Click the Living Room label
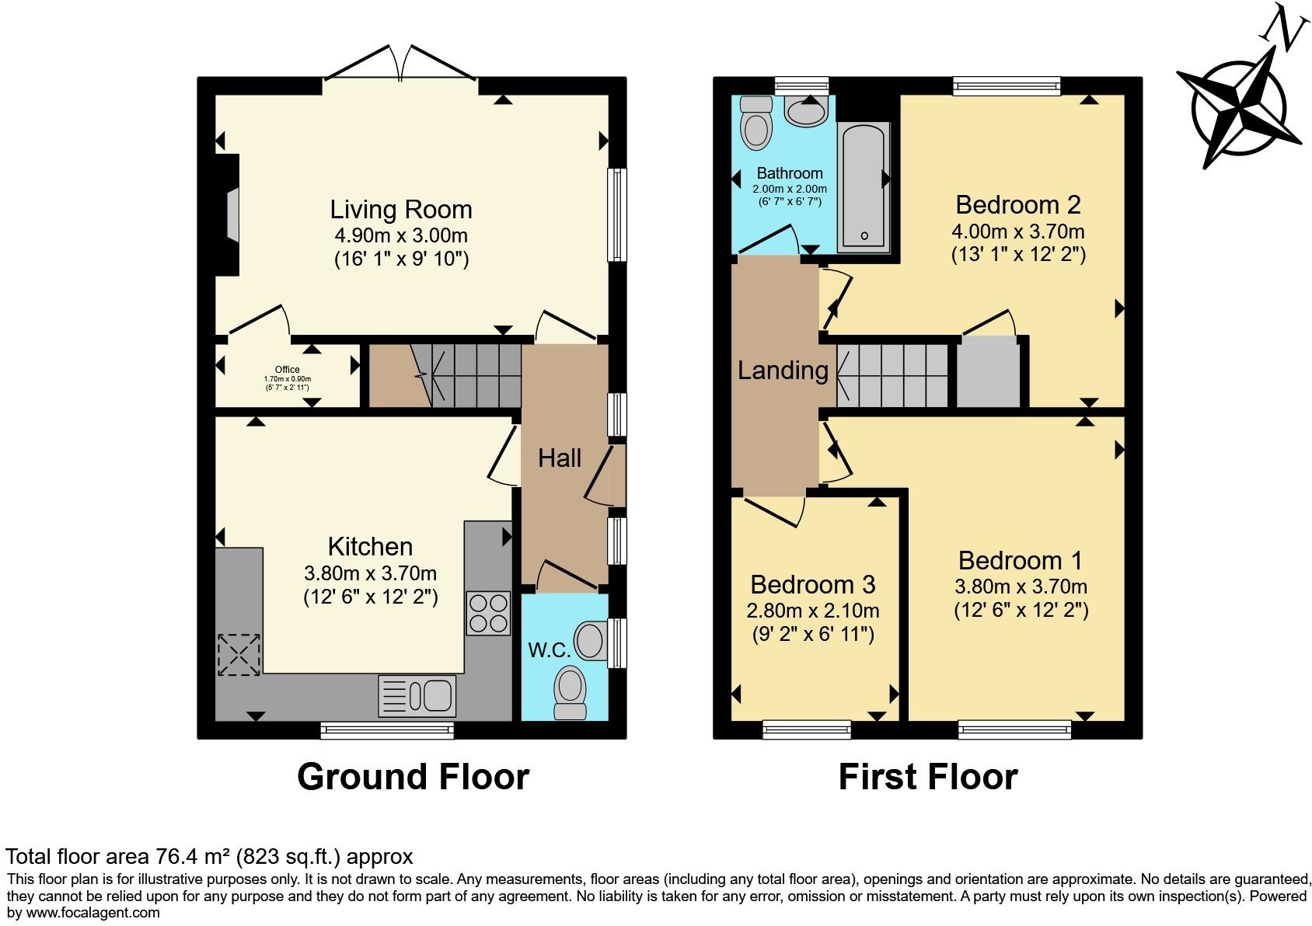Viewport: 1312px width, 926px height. [x=400, y=210]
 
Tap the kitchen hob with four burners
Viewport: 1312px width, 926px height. [x=488, y=614]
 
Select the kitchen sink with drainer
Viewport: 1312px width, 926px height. [x=417, y=696]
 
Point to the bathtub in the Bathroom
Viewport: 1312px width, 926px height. [x=864, y=187]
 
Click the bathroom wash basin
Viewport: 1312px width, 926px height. [x=806, y=111]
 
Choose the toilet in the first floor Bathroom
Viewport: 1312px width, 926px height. [x=756, y=123]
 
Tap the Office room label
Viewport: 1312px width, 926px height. [x=287, y=369]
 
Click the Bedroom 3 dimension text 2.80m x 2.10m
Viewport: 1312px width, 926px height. [x=812, y=611]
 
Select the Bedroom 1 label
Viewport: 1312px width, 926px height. [x=1020, y=561]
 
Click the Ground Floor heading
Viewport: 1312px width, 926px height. [x=413, y=778]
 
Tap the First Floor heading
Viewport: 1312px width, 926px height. [x=928, y=778]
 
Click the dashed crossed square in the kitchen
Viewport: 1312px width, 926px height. [x=239, y=654]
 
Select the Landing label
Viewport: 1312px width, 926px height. [x=783, y=371]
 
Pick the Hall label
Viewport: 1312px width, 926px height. [x=560, y=458]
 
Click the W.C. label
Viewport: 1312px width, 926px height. [x=549, y=649]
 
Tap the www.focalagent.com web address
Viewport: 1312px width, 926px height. [x=92, y=913]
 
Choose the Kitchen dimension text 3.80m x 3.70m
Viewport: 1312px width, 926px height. [x=370, y=573]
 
